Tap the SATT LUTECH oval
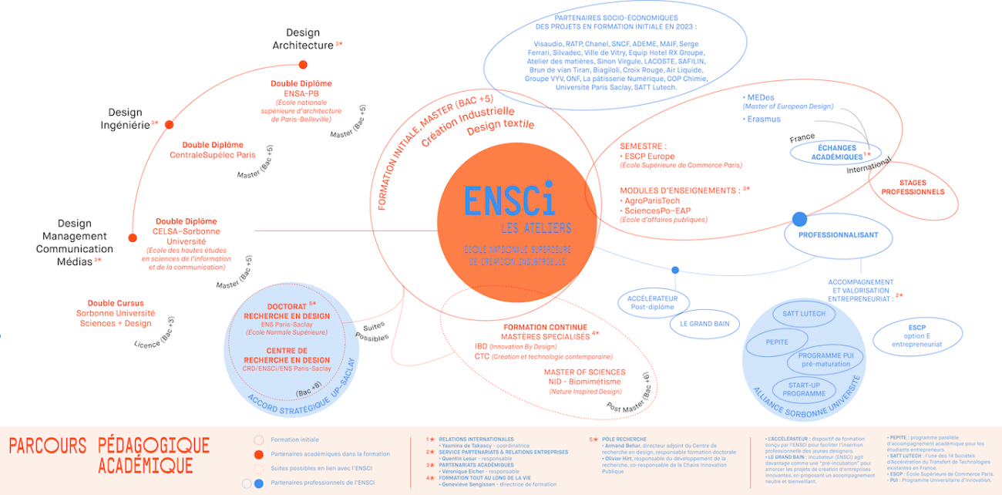804,314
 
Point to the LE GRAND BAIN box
704,324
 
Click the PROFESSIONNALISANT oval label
838,235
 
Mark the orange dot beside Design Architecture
303,65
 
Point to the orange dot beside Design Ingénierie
169,124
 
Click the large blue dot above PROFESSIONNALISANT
799,219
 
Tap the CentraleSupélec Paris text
212,155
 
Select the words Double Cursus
116,303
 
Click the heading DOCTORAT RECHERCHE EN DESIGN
287,311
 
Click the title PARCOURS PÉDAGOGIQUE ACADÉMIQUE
109,455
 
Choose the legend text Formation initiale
294,439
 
